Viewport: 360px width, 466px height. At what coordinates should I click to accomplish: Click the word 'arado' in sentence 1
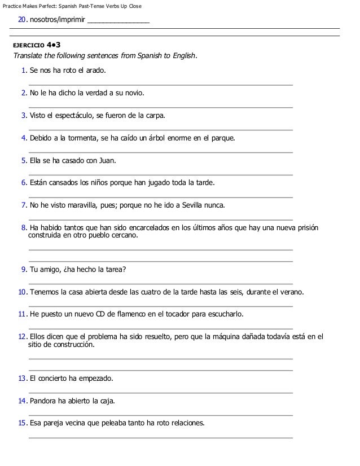[94, 71]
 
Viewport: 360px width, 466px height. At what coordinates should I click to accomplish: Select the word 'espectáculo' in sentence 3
[71, 116]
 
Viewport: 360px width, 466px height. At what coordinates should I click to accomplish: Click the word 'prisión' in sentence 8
[306, 227]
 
